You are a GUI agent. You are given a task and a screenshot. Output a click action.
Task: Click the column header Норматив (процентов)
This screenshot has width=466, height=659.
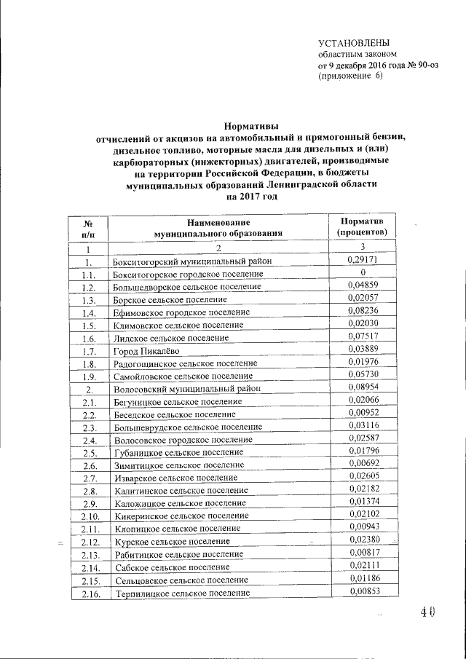click(x=367, y=226)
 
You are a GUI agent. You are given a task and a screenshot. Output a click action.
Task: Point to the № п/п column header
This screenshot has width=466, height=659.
click(x=87, y=227)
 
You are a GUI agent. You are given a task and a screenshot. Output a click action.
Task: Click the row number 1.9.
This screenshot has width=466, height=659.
click(x=89, y=377)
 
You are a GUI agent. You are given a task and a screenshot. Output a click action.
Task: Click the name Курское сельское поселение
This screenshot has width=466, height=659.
click(x=171, y=542)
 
